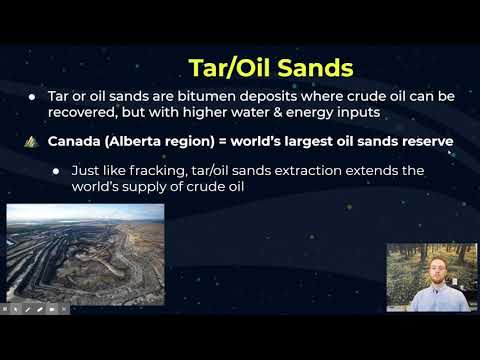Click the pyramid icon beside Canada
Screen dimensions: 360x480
(x=30, y=141)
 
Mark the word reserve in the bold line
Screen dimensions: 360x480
(x=425, y=141)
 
